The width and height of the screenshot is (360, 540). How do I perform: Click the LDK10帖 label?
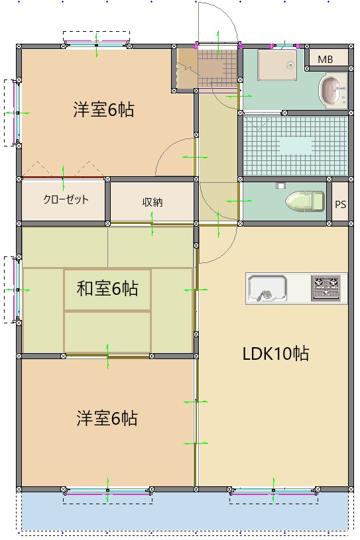[275, 353]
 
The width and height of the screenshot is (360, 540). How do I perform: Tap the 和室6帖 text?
[107, 288]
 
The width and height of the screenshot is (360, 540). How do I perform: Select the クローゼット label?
[66, 199]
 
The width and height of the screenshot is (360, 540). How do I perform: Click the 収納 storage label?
[152, 202]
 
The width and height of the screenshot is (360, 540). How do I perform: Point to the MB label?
[325, 60]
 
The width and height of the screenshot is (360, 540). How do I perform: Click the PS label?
[340, 204]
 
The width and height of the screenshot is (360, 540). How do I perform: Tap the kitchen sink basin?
[267, 288]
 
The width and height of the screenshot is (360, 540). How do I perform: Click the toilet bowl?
[305, 201]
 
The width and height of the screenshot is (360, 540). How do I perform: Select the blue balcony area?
[186, 512]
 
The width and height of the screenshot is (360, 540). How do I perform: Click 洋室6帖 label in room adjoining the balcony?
[107, 419]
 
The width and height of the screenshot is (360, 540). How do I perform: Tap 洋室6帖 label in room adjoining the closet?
[103, 110]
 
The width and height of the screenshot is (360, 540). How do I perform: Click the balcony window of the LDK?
[273, 492]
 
